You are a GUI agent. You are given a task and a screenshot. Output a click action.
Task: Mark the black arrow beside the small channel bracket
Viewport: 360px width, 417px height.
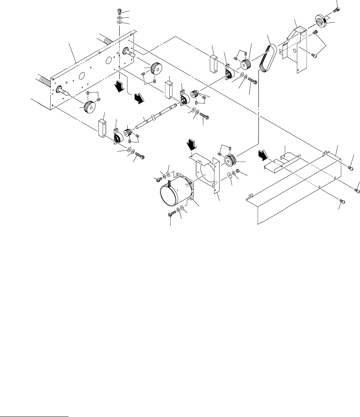[262, 155]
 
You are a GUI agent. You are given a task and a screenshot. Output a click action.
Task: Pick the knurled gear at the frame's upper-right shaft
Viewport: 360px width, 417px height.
[154, 68]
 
